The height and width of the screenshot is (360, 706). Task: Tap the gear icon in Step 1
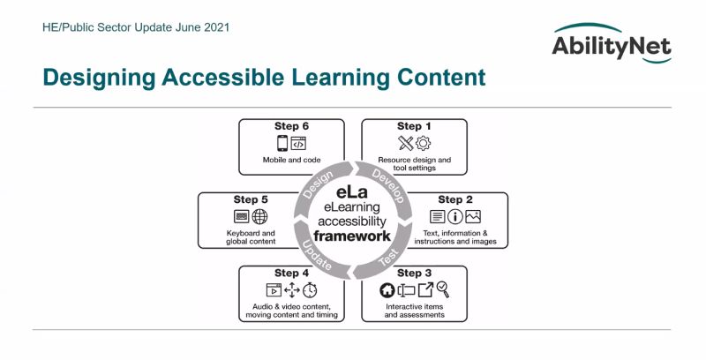pos(424,143)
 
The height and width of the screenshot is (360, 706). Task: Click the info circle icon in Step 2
pos(455,216)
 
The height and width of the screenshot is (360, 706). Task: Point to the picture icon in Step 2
pos(473,216)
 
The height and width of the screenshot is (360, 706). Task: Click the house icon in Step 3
pos(386,289)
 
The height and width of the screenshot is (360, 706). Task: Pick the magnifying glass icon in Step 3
pos(443,289)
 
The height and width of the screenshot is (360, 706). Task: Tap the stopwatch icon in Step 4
pos(310,289)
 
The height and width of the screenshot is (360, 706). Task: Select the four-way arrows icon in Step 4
pos(291,289)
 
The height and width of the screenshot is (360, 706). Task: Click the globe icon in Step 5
pos(259,216)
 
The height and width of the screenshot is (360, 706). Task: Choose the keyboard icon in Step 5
pos(241,216)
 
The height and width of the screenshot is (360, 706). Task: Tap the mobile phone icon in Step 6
pos(282,143)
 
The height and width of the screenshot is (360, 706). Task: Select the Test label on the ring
pos(387,258)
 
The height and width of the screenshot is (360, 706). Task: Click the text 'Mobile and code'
pos(291,161)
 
